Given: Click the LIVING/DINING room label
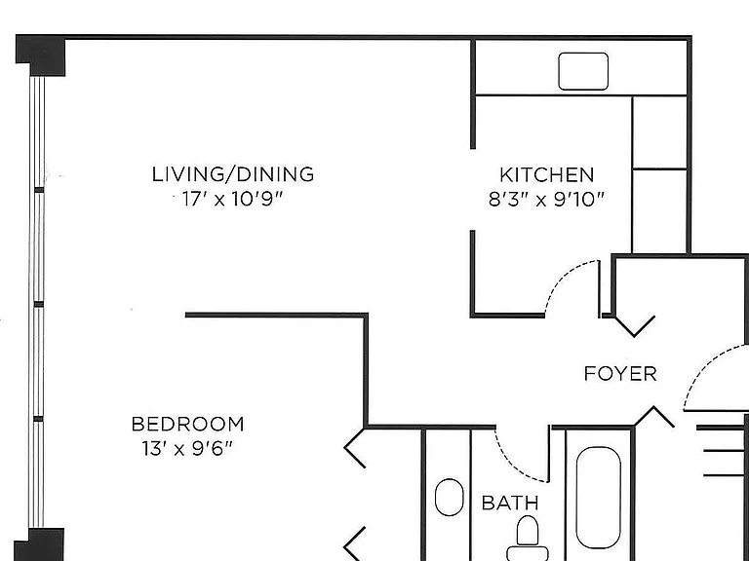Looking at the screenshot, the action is coord(233,174).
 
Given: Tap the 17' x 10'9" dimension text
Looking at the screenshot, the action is coord(233,199).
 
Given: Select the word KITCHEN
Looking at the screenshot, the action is coord(547,175).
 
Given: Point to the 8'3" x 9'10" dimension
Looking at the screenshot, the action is coord(546,200).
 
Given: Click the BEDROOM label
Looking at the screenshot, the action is coord(187,424).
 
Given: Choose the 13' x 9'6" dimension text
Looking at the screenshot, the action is coord(187,448).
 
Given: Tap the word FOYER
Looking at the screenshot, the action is coord(620,374).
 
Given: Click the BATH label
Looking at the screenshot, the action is coord(510,503).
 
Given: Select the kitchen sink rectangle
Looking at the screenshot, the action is coord(583,71).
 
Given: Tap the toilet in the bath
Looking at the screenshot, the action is coord(528,539).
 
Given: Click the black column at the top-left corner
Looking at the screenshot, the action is coord(41,55).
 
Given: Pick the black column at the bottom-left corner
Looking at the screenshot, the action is coord(39,544).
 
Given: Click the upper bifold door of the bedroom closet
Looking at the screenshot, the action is coord(354,447).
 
